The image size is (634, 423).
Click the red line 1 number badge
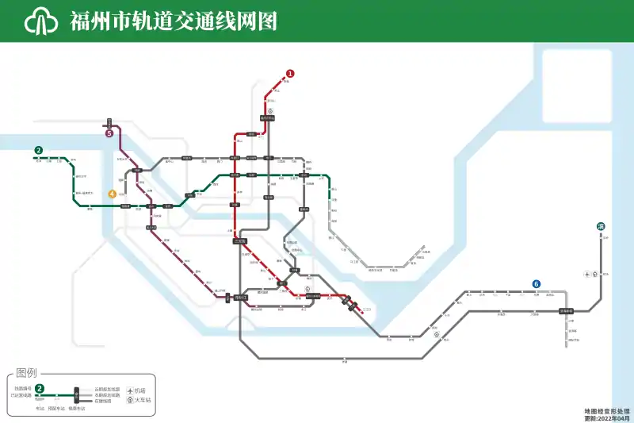[290, 73]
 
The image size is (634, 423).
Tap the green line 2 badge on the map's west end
[37, 150]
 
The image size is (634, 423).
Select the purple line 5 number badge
[109, 133]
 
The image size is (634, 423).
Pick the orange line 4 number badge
[113, 194]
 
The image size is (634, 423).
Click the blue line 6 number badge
[537, 284]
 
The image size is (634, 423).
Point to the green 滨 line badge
[602, 226]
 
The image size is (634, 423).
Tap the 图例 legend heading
[27, 372]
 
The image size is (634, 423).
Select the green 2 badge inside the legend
[40, 390]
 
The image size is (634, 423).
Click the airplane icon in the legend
[129, 390]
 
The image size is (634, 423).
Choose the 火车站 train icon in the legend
[129, 401]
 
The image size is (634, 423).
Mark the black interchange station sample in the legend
[76, 394]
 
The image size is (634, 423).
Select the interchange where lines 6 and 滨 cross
[566, 311]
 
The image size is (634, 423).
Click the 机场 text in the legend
[140, 390]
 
